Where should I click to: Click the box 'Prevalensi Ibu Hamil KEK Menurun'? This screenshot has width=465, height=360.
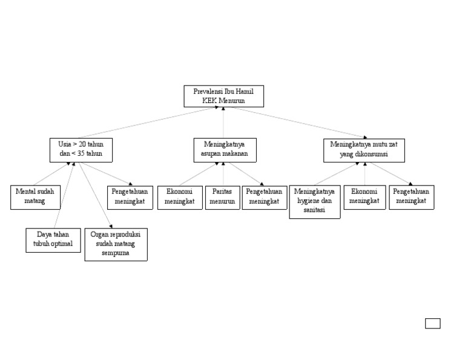click(223, 96)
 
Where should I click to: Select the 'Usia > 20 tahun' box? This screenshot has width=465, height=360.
click(81, 150)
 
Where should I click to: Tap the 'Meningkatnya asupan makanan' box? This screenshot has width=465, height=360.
click(225, 150)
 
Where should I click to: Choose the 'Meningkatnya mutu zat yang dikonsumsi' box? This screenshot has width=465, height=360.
click(364, 150)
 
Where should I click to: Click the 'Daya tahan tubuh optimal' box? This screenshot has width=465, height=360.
click(53, 240)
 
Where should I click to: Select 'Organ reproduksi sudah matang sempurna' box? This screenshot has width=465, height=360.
click(116, 244)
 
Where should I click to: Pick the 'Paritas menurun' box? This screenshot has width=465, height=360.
click(222, 197)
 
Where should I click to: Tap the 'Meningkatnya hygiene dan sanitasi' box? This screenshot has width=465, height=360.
click(314, 201)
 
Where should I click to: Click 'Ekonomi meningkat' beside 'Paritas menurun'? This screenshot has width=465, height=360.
click(180, 197)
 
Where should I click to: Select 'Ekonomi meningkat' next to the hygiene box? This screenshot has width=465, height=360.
click(364, 197)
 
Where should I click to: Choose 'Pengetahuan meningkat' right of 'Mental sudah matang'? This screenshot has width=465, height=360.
click(130, 197)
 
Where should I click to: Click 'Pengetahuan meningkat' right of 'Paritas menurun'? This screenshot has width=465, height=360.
click(264, 197)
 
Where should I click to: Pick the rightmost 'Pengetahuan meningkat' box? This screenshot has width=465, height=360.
click(411, 197)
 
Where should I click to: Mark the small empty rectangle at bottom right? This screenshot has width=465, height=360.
click(432, 323)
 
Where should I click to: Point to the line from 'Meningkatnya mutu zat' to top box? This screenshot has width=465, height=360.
click(297, 123)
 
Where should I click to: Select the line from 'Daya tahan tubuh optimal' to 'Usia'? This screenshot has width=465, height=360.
click(65, 194)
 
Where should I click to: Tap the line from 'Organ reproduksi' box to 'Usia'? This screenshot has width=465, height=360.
click(95, 194)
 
